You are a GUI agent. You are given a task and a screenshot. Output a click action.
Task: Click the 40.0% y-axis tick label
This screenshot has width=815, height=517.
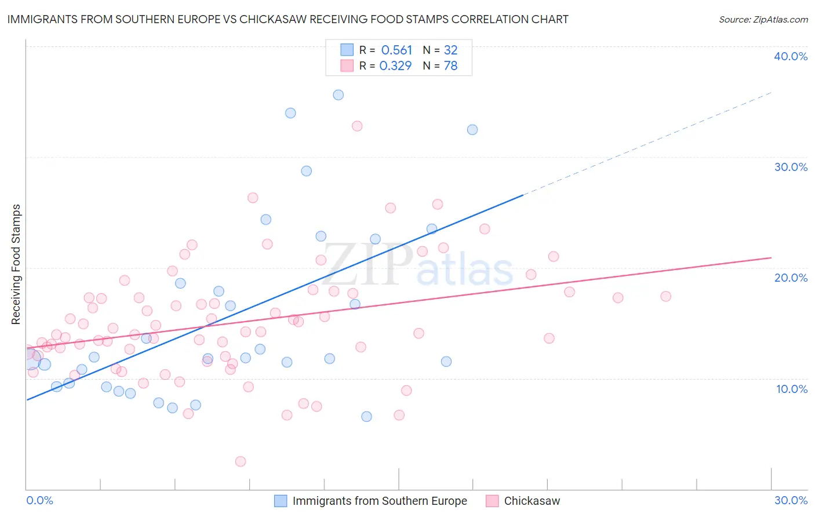click(x=790, y=56)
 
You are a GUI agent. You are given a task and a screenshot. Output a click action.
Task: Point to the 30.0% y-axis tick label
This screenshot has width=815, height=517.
click(x=791, y=167)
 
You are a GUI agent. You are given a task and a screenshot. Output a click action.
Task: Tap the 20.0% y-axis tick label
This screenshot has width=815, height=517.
click(x=791, y=278)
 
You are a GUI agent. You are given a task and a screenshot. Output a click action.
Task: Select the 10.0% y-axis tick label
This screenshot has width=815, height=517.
click(x=791, y=389)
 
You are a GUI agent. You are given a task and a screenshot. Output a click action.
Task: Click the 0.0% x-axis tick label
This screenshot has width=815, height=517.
click(x=39, y=500)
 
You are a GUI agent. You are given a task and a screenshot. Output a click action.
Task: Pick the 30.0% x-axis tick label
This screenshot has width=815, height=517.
click(x=791, y=500)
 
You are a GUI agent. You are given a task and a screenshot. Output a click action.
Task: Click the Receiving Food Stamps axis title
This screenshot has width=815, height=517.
click(x=16, y=264)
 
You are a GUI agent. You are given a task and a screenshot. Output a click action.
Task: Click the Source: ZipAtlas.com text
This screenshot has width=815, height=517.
click(x=763, y=20)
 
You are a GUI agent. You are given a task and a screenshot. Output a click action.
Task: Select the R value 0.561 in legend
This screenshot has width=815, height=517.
click(x=396, y=50)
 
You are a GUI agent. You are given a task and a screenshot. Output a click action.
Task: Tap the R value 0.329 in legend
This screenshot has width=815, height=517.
click(x=395, y=66)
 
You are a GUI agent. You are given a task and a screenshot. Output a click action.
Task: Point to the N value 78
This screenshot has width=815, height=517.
click(x=450, y=66)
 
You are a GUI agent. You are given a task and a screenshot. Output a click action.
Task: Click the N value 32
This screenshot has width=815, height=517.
click(x=450, y=50)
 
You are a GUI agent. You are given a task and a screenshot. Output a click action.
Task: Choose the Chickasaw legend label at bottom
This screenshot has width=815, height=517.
click(x=532, y=501)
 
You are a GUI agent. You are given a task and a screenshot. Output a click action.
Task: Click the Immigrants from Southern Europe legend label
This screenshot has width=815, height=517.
click(x=379, y=501)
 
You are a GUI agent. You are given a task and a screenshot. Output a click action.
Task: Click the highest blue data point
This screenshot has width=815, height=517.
click(x=339, y=95)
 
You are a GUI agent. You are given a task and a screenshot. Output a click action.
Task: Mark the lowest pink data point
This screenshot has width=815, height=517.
click(x=241, y=461)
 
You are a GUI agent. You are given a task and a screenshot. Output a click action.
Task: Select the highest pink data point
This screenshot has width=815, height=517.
click(x=357, y=126)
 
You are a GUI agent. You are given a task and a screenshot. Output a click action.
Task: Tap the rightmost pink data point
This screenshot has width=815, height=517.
click(x=665, y=296)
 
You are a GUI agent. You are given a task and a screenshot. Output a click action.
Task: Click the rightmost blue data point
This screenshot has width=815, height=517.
click(x=472, y=130)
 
